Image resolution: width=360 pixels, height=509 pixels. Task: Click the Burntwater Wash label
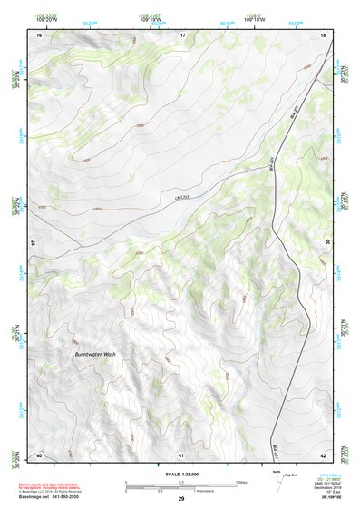click(95, 354)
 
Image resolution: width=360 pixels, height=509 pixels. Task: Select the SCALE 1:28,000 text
click(180, 475)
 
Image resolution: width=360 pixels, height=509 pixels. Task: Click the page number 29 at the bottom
click(180, 499)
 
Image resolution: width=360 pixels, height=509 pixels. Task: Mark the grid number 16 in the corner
click(39, 34)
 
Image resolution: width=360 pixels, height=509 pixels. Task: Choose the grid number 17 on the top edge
click(182, 34)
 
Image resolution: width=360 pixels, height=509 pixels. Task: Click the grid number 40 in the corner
click(39, 454)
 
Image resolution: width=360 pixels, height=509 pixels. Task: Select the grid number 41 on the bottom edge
click(181, 454)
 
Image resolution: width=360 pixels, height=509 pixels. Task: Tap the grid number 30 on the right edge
click(326, 243)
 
